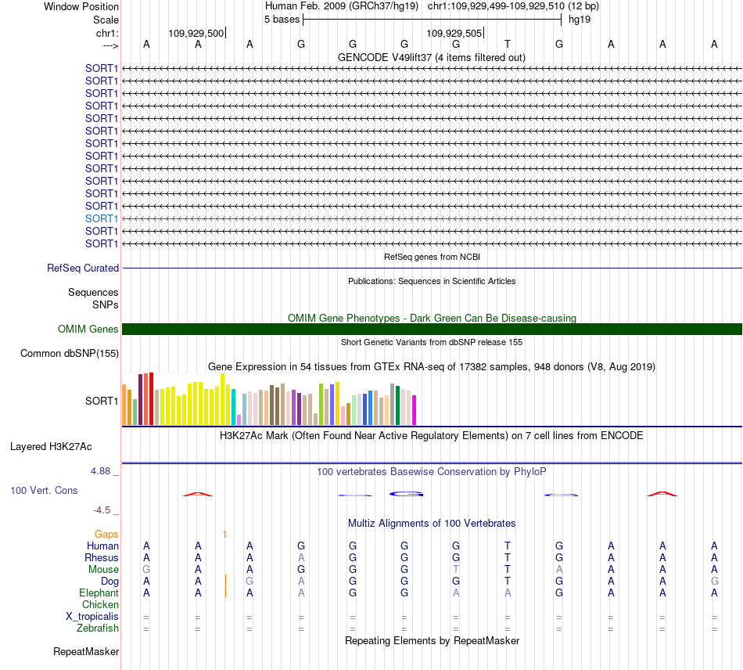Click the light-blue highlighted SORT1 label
(x=102, y=218)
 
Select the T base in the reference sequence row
(x=508, y=44)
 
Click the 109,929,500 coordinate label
(x=196, y=33)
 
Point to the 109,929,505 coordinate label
(x=454, y=33)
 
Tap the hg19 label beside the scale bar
(x=580, y=20)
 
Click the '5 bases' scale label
(x=282, y=20)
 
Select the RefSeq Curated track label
(x=83, y=268)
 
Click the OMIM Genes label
(x=88, y=329)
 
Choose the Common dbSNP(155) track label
(x=70, y=353)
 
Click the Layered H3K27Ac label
(x=51, y=447)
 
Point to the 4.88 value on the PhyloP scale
(x=100, y=471)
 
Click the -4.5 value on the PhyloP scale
(x=102, y=510)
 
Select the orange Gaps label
(x=106, y=535)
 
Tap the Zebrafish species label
(x=98, y=629)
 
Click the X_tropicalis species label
(x=92, y=617)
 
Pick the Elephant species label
(x=99, y=593)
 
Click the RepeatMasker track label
(x=86, y=651)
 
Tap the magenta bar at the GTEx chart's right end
(x=415, y=410)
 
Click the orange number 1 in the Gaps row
(x=224, y=535)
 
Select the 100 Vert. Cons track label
(x=44, y=490)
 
